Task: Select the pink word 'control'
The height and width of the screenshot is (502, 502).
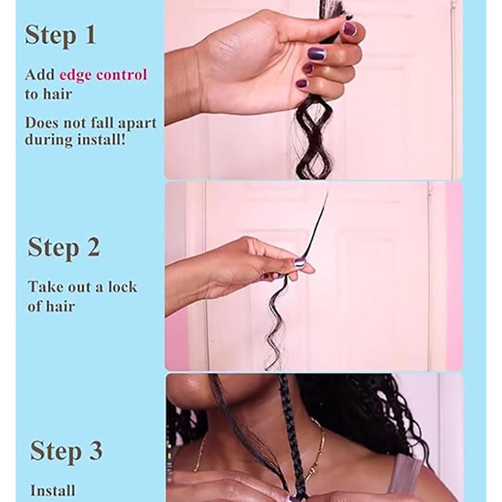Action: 123,75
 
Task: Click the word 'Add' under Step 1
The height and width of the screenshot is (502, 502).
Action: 40,75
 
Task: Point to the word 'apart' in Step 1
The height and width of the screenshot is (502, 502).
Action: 136,123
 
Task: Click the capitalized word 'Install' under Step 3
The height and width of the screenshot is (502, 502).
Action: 53,490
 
